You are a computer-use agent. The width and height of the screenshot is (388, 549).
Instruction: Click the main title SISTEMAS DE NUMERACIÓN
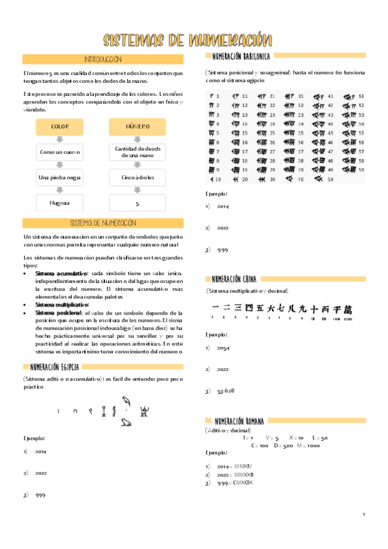click(x=188, y=40)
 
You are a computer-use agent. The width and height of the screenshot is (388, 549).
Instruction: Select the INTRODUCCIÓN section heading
click(x=103, y=60)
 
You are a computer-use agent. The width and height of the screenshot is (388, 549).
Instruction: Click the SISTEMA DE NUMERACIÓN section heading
click(x=103, y=223)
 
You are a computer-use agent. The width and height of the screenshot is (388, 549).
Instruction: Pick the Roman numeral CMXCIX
click(x=240, y=483)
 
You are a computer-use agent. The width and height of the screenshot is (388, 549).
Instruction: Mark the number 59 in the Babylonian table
click(x=361, y=170)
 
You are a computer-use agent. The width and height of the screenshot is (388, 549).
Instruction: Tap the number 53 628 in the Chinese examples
click(x=225, y=391)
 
